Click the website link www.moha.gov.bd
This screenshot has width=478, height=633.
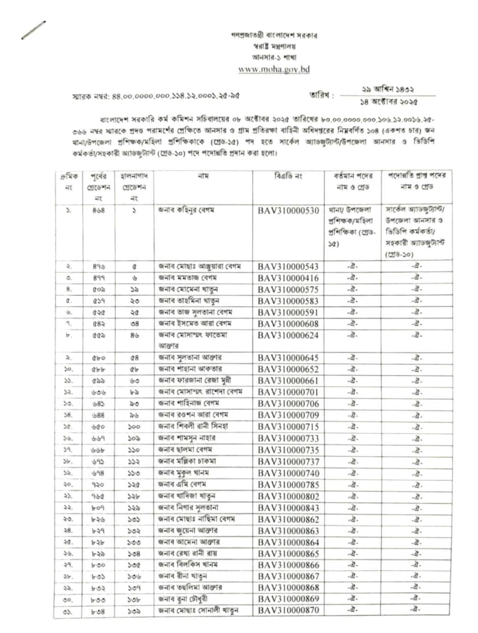tap(274, 69)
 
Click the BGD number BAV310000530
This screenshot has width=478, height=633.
tap(288, 210)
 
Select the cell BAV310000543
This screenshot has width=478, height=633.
tap(288, 267)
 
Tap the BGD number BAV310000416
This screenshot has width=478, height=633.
tap(288, 278)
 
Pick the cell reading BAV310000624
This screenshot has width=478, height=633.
tap(288, 335)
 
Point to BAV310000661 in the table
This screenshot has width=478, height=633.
tap(288, 381)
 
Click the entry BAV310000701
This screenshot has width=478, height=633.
tap(288, 392)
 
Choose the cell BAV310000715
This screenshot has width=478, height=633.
tap(288, 427)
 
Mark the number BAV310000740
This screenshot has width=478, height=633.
tap(288, 473)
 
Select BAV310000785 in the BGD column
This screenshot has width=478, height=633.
tap(288, 485)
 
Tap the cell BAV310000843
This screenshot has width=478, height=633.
tap(288, 508)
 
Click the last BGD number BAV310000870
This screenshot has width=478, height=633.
tap(288, 610)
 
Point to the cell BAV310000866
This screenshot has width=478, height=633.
tap(288, 565)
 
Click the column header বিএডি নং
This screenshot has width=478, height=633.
tap(288, 177)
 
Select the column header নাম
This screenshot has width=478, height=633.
tap(203, 177)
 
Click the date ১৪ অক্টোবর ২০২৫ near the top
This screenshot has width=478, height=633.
tap(389, 102)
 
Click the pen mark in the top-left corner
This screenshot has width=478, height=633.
tap(33, 30)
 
